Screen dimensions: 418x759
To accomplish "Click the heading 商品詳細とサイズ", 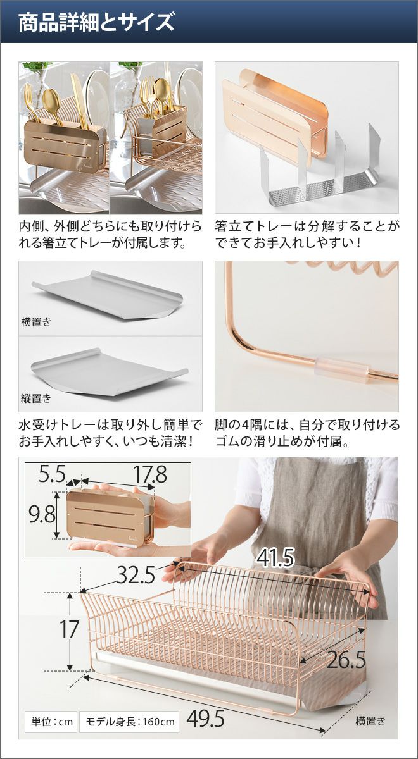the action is pos(96,22).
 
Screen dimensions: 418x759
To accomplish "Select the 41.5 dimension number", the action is pos(275,558).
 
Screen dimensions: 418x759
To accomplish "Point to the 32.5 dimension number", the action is pos(136,574).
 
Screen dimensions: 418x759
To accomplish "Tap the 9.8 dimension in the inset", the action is pos(42,514).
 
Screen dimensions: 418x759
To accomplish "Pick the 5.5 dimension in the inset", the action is pos(52,474).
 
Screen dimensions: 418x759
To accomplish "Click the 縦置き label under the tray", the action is pos(35,398).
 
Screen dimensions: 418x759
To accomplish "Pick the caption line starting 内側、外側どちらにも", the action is pos(110,226).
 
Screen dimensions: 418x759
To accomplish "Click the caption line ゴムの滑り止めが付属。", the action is pos(282,441).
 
